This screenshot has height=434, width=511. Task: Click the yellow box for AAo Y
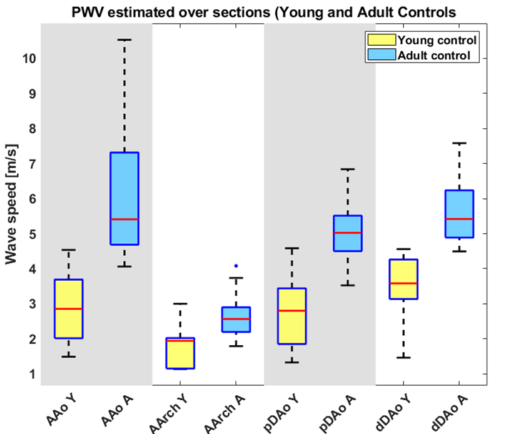pyautogui.click(x=69, y=308)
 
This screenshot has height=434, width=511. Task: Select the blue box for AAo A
pyautogui.click(x=124, y=198)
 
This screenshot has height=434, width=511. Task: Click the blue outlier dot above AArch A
pyautogui.click(x=235, y=266)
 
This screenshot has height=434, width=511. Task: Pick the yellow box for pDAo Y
pyautogui.click(x=292, y=316)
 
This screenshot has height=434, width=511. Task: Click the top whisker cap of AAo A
pyautogui.click(x=124, y=39)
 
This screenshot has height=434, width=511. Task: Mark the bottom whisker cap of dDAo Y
pyautogui.click(x=403, y=357)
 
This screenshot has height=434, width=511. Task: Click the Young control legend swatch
pyautogui.click(x=380, y=40)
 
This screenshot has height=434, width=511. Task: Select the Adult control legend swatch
pyautogui.click(x=380, y=56)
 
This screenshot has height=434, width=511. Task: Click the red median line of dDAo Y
pyautogui.click(x=403, y=283)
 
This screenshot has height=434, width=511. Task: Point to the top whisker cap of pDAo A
pyautogui.click(x=348, y=169)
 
